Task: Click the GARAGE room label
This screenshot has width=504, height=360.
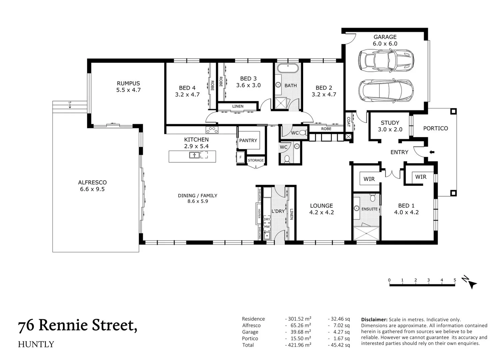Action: coord(385,37)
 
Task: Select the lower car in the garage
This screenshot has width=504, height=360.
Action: coord(386,90)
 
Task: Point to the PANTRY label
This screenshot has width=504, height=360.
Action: coord(248,140)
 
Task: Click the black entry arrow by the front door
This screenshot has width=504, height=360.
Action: coord(432,152)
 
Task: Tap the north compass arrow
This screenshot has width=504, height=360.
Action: coord(472,284)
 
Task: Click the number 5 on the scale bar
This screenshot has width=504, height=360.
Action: coord(455,280)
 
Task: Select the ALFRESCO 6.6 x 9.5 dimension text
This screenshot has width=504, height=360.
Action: coord(92,189)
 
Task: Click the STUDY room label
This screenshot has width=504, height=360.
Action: coord(390,123)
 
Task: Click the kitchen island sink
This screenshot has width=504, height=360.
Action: coord(195,155)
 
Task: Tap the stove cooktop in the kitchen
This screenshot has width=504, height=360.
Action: coord(212,130)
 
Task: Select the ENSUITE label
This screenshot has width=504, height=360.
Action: coord(369,209)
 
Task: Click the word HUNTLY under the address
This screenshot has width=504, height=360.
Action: coord(36,344)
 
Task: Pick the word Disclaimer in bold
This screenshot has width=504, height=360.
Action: coord(374,319)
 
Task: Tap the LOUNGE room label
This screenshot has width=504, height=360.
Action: coord(321,206)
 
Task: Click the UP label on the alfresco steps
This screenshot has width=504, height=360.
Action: coord(70,102)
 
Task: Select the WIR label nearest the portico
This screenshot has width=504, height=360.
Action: coord(421,177)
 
